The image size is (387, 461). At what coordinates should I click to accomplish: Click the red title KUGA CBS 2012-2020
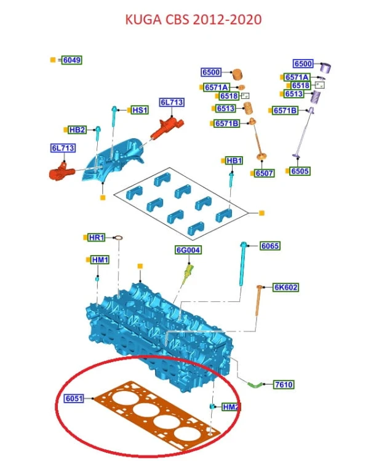click(193, 20)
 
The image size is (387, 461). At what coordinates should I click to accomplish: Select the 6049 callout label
click(72, 60)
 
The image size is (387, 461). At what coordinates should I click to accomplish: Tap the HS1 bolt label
click(140, 110)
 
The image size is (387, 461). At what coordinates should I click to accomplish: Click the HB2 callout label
click(77, 130)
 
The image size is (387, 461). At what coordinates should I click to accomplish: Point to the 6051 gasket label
click(74, 398)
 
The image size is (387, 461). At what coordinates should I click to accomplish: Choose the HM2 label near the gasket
click(231, 407)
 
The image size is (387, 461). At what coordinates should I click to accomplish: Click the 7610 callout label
click(284, 384)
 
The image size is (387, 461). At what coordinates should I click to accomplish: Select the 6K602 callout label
click(285, 287)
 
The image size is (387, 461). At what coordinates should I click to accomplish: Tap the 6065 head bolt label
click(270, 246)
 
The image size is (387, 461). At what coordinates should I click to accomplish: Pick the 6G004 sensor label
click(188, 250)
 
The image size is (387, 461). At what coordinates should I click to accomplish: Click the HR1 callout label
click(97, 237)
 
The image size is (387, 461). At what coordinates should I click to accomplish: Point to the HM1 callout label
click(100, 260)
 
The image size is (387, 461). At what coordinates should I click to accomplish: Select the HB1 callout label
click(234, 160)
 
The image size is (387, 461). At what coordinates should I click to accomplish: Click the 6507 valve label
click(265, 173)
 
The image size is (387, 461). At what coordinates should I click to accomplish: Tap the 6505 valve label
click(300, 171)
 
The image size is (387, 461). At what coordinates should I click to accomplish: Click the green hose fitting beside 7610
click(254, 384)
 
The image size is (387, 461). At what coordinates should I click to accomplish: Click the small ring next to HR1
click(118, 238)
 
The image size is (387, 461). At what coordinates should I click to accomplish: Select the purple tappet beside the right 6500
click(325, 68)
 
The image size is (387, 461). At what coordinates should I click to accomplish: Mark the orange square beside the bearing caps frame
click(261, 213)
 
